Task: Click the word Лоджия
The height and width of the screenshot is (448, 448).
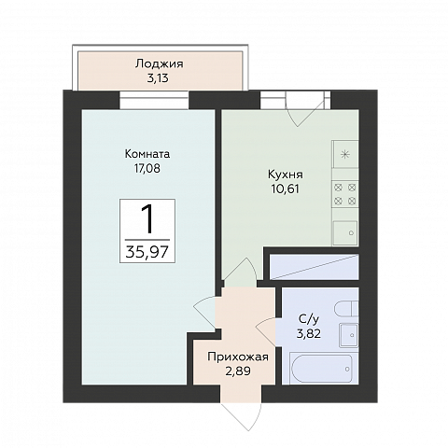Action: (160, 64)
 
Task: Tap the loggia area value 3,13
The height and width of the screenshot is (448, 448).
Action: (158, 78)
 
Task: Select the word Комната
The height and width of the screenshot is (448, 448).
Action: (147, 154)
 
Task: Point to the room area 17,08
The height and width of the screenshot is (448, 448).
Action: (147, 168)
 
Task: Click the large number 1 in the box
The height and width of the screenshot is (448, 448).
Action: (147, 219)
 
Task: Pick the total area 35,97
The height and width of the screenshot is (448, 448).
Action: (147, 252)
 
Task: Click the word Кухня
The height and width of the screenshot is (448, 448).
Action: (286, 175)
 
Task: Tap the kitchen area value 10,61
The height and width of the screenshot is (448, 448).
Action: (286, 189)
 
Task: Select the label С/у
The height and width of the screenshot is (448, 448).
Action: (309, 319)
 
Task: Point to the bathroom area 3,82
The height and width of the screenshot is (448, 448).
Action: (309, 334)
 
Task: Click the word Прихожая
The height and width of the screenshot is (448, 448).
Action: (238, 357)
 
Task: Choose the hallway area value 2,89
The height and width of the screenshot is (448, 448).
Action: (238, 371)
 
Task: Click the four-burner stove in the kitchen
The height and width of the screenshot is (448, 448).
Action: (345, 195)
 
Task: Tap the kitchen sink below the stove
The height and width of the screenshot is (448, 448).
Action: (345, 232)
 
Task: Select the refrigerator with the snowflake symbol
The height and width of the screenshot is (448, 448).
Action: (345, 154)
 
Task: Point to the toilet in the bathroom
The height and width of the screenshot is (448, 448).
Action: (346, 309)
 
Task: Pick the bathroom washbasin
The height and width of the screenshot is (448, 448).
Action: (349, 335)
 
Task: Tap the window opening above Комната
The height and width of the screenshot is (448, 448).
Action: (155, 100)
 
